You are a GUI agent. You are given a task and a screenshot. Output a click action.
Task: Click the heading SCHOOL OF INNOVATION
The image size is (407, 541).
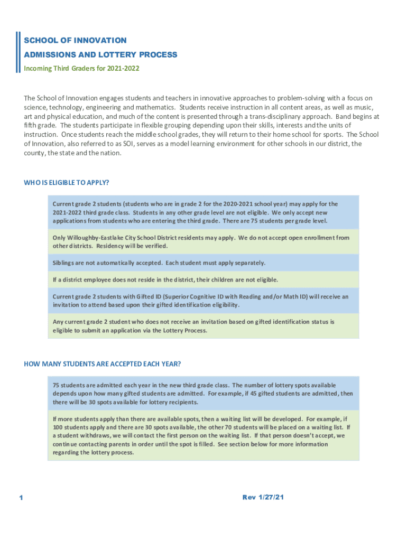tap(75, 40)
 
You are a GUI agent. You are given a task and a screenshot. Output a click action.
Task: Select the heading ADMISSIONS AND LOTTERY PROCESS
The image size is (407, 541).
tap(100, 54)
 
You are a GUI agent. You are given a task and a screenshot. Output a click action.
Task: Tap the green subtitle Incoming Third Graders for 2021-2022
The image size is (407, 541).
tap(81, 68)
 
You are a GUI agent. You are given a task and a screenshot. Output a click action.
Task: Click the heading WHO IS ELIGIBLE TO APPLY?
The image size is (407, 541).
tap(67, 183)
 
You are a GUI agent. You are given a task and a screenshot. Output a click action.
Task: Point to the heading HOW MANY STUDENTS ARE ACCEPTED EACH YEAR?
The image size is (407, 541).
tap(103, 363)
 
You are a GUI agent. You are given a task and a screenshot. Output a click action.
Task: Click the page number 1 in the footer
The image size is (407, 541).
tap(20, 498)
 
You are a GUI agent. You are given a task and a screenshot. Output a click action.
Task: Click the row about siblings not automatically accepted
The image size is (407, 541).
tap(159, 263)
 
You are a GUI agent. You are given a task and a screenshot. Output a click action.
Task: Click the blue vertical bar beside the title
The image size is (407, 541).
tap(18, 53)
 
